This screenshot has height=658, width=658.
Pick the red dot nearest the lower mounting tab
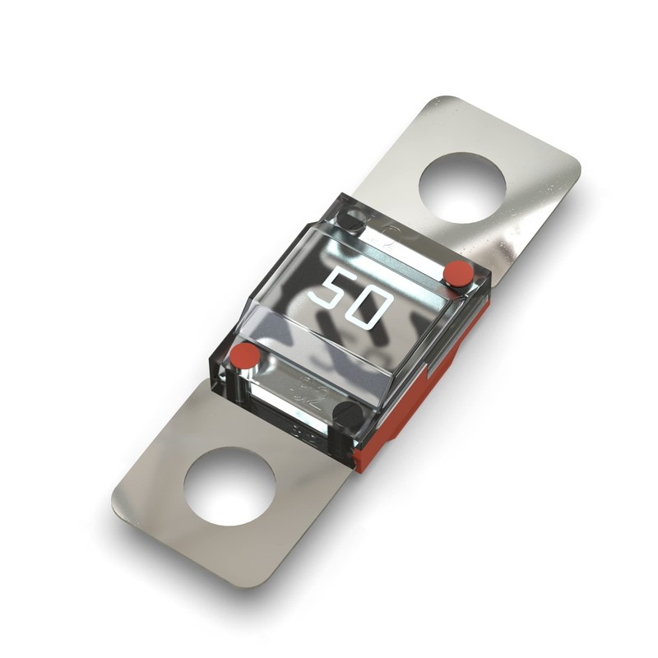[243, 357]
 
